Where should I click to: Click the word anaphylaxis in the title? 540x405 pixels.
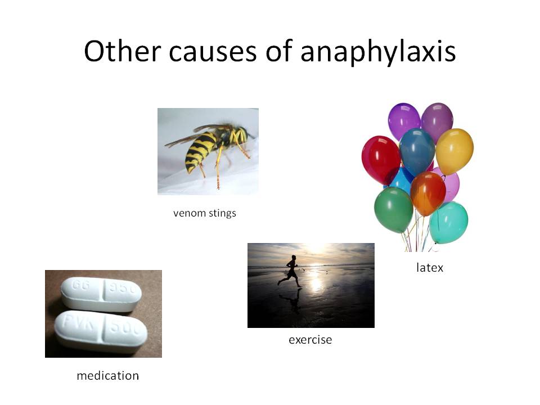click(x=378, y=52)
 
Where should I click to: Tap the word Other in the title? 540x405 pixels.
click(x=123, y=51)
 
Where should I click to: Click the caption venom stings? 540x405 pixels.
click(x=205, y=213)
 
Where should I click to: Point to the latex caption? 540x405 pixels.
click(x=429, y=267)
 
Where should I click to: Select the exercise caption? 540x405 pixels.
click(x=310, y=340)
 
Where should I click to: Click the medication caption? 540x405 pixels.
click(x=108, y=375)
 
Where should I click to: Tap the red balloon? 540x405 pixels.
click(x=381, y=159)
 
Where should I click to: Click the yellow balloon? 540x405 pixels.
click(x=454, y=151)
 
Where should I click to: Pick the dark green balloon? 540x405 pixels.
click(x=394, y=209)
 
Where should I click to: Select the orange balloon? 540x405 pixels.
click(x=427, y=193)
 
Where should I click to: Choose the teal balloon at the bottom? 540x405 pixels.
click(x=449, y=223)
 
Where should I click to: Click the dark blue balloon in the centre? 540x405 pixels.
click(x=417, y=151)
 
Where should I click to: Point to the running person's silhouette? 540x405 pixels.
click(x=291, y=271)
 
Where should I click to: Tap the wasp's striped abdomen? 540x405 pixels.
click(x=200, y=151)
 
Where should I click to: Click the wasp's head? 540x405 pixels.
click(x=242, y=134)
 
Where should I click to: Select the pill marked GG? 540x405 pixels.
click(x=101, y=294)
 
